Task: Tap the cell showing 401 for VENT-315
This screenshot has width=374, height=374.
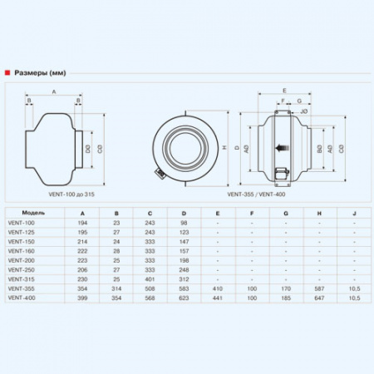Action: point(150,278)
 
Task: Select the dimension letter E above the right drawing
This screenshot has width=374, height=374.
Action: point(283,89)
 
